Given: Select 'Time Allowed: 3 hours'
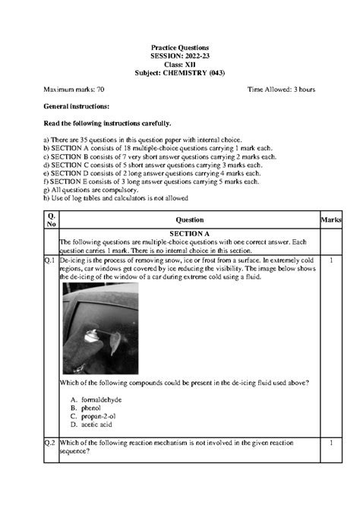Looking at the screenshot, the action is click(x=281, y=90).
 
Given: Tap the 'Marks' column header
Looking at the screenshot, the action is click(x=331, y=219).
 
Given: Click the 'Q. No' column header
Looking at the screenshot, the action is click(x=51, y=219).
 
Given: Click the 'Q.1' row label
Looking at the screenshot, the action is click(x=51, y=260).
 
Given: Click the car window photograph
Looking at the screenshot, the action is click(x=99, y=328).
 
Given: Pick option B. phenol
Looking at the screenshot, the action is click(x=88, y=408).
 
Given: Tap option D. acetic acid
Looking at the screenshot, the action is click(x=93, y=424).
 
